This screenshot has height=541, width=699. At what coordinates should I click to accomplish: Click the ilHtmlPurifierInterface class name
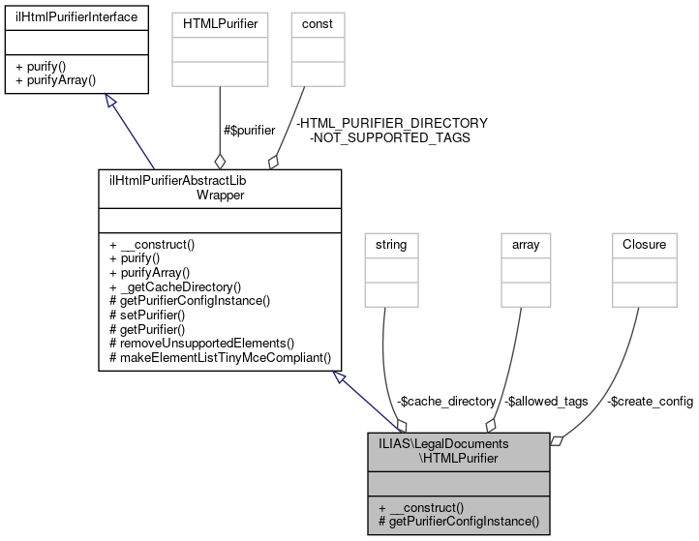coord(76,16)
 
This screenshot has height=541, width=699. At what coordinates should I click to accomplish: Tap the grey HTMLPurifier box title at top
coord(220,16)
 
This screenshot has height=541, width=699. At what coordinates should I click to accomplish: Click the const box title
coord(305,16)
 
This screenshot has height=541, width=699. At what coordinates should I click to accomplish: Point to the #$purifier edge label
coord(249,130)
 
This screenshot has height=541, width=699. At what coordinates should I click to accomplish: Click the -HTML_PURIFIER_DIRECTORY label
coord(392,123)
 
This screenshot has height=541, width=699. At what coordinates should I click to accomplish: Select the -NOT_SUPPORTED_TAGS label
coord(389,137)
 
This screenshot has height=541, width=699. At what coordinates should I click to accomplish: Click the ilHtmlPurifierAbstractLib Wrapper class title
coord(220,187)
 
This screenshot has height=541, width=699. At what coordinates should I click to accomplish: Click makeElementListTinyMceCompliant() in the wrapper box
coord(219,357)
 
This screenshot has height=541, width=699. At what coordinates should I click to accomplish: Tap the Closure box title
coord(643,245)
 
